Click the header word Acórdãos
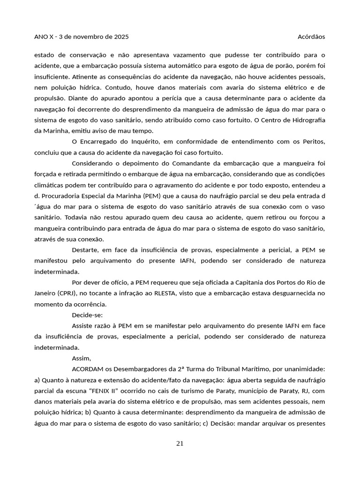click(311, 37)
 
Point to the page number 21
click(180, 443)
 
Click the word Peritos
click(313, 142)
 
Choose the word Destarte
click(86, 250)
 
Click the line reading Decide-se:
click(88, 315)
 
